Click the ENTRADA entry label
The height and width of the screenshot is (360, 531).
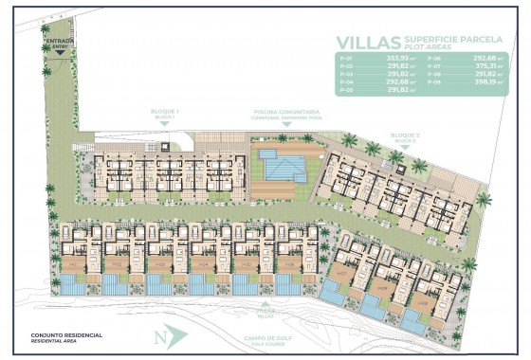[59, 42]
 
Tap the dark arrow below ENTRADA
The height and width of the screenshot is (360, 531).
[59, 52]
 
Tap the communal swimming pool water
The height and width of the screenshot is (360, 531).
[282, 169]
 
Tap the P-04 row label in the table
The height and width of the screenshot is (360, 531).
[346, 81]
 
